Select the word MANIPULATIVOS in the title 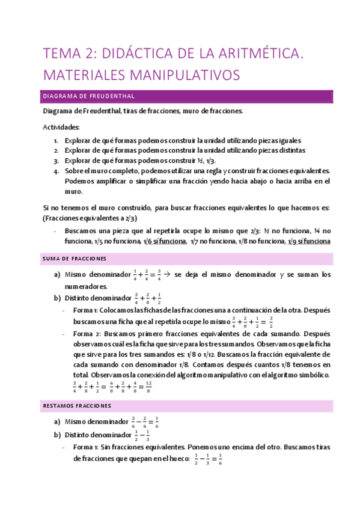coord(182,75)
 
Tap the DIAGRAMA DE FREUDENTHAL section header coord(88,96)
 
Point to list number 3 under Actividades coord(56,161)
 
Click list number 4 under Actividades coord(56,171)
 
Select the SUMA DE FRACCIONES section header coord(75,259)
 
